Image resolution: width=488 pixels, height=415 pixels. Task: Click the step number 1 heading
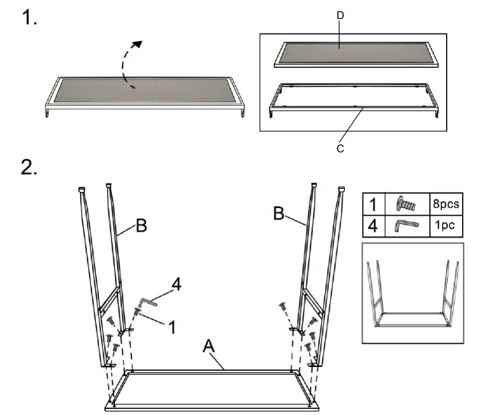30,19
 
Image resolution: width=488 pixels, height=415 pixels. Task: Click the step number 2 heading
30,168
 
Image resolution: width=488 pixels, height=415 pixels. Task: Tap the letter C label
340,149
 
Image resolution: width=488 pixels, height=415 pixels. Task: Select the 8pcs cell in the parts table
446,204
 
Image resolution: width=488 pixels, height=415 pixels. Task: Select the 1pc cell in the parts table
446,226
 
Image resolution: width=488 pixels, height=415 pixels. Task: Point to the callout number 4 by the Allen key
177,285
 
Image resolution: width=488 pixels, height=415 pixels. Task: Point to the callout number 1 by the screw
172,327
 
